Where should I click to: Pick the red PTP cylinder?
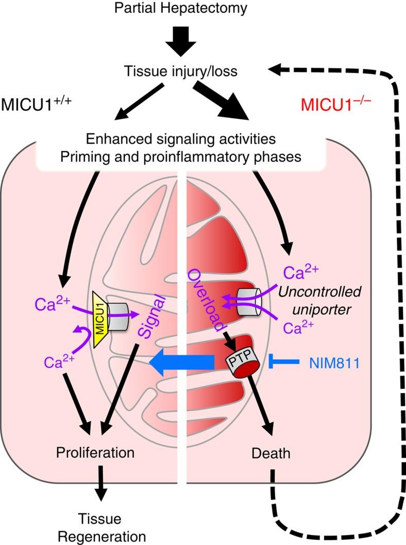[238, 363]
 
